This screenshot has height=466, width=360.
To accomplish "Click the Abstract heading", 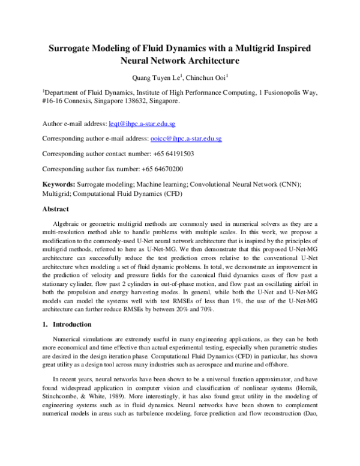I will click(59, 210).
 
